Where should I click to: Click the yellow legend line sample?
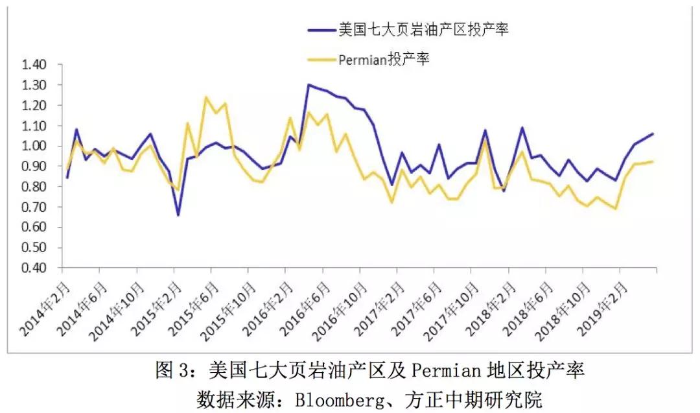pos(320,60)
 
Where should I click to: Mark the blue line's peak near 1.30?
pos(308,84)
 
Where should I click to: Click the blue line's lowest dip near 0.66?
pos(178,215)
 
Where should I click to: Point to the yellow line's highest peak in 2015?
pos(206,98)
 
